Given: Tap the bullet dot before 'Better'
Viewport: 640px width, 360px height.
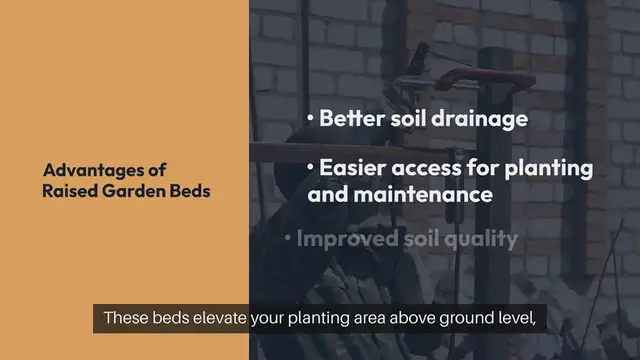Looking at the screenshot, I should pos(311,118).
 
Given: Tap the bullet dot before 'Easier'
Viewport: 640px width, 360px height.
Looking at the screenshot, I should pos(311,165).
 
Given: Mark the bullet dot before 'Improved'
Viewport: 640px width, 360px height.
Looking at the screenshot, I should pos(288,239).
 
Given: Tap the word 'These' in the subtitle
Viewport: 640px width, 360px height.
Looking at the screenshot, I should pos(124,320).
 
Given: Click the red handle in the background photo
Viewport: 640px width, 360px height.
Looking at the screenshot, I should pos(470,77).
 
